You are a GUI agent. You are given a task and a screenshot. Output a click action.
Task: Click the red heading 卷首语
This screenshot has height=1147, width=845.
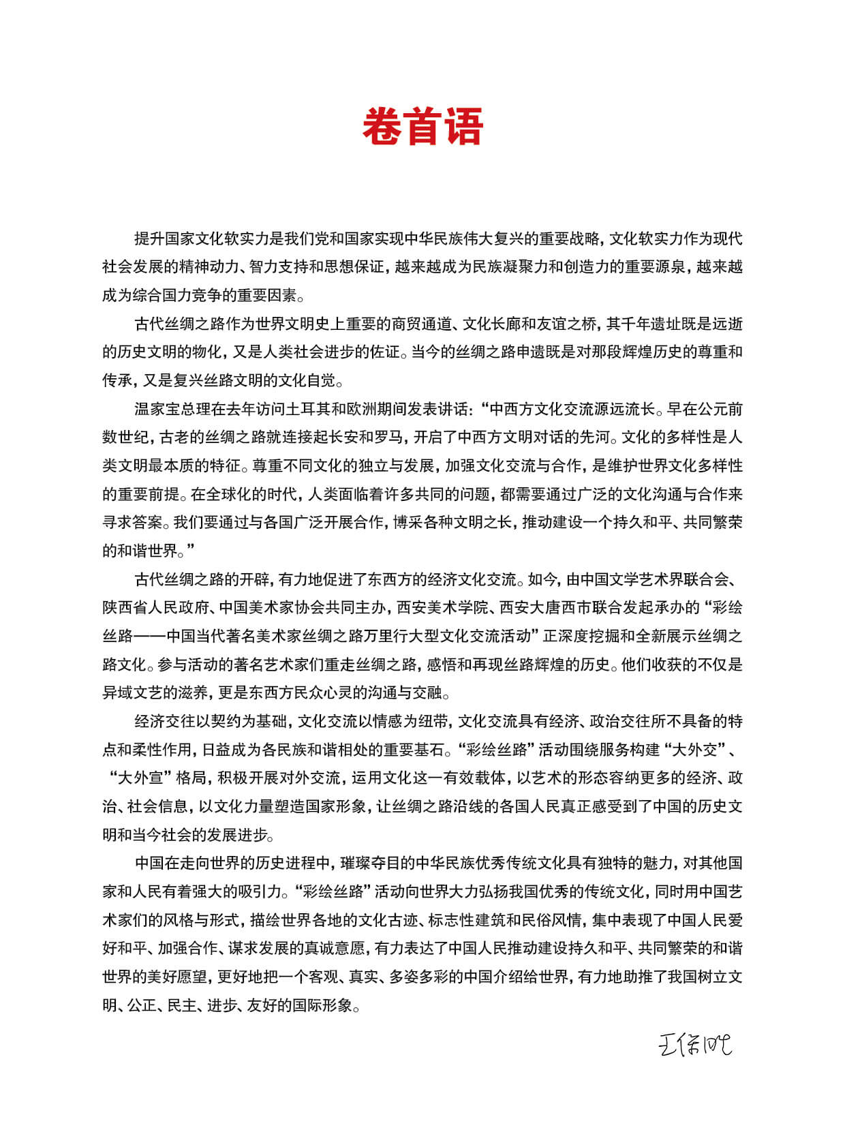coord(422,127)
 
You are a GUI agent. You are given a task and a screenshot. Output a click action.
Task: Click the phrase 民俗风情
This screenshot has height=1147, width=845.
coord(552,921)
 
